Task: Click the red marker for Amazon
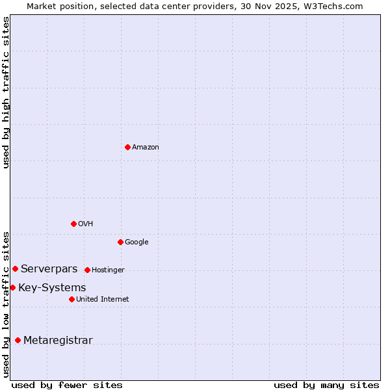pos(127,147)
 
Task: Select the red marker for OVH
pos(73,224)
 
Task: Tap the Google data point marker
pos(120,242)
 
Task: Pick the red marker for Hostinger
pos(87,270)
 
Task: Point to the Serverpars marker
pos(15,268)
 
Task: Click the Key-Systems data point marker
pos(12,287)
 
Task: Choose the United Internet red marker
pos(71,299)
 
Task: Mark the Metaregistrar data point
pos(18,340)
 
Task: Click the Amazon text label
pos(146,148)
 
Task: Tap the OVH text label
pos(86,224)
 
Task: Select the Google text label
pos(136,242)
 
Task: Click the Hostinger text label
pos(108,270)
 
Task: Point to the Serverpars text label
pos(49,269)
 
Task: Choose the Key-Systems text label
pos(52,288)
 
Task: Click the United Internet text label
pos(103,300)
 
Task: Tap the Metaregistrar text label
pos(58,341)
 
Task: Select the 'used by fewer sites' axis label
pos(67,385)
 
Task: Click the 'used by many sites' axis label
pos(326,385)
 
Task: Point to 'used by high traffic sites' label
pos(6,92)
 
